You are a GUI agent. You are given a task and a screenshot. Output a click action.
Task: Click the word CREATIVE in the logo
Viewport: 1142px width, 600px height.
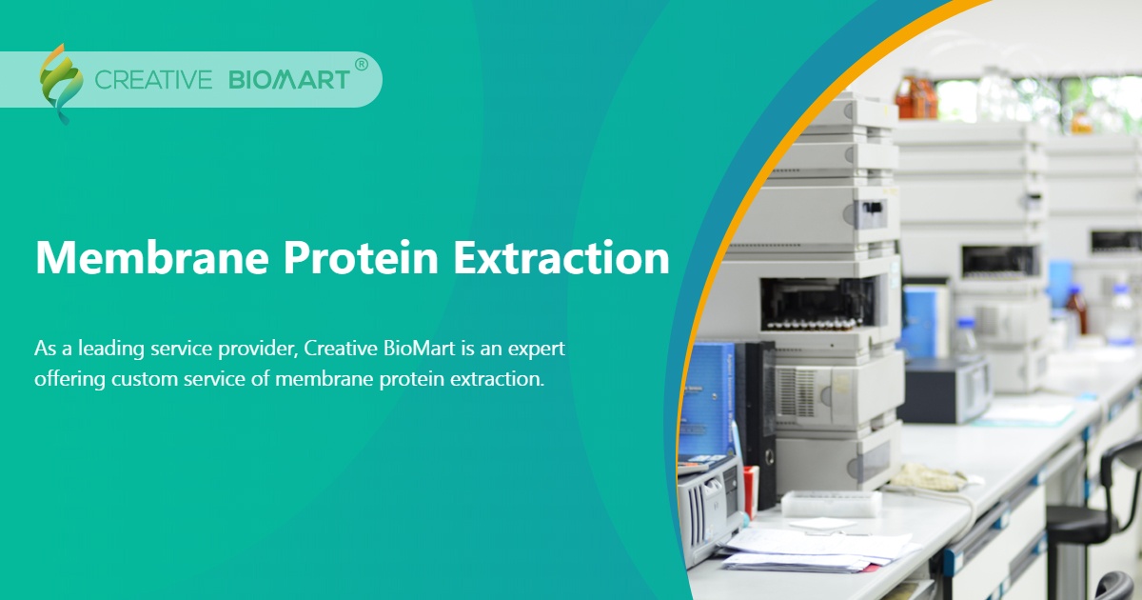(153, 80)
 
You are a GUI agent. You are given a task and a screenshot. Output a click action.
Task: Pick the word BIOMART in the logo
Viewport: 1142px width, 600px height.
(289, 80)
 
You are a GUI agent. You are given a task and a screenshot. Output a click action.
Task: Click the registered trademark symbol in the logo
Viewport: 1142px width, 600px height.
(361, 65)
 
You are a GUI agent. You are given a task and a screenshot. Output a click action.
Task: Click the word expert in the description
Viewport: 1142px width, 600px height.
(539, 350)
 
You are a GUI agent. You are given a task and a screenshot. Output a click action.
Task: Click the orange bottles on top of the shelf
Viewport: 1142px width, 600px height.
(915, 96)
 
